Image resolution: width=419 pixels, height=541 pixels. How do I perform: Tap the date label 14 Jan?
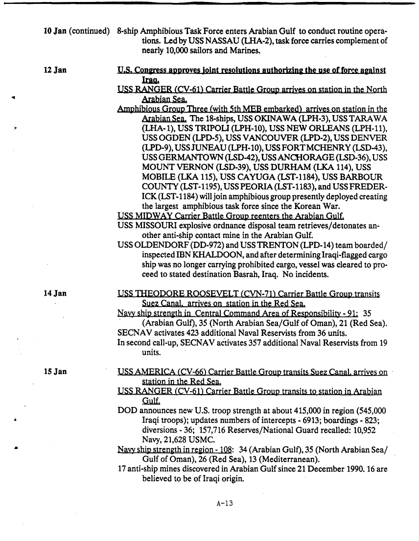[54, 294]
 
